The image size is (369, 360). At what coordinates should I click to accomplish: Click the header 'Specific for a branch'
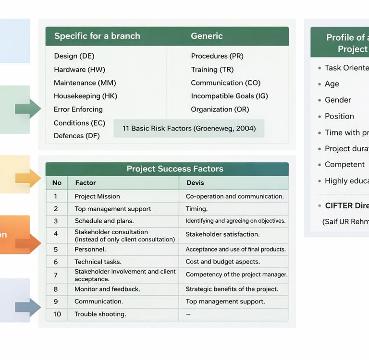pyautogui.click(x=97, y=36)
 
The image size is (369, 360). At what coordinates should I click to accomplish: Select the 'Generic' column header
pyautogui.click(x=207, y=36)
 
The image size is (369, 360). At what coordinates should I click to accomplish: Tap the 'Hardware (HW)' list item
pyautogui.click(x=79, y=70)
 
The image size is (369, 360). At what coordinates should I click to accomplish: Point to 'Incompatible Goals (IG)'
pyautogui.click(x=229, y=96)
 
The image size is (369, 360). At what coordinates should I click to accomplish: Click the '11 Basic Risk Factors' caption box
pyautogui.click(x=189, y=128)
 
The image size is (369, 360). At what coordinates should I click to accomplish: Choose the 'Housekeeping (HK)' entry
pyautogui.click(x=85, y=96)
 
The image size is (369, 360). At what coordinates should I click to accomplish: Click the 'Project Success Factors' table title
pyautogui.click(x=174, y=168)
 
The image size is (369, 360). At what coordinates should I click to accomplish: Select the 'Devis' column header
pyautogui.click(x=195, y=182)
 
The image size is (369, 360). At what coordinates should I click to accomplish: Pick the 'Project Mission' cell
pyautogui.click(x=97, y=196)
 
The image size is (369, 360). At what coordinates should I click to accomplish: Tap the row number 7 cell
pyautogui.click(x=56, y=275)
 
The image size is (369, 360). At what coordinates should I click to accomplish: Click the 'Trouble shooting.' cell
pyautogui.click(x=100, y=314)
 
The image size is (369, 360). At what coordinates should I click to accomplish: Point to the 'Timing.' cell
pyautogui.click(x=197, y=209)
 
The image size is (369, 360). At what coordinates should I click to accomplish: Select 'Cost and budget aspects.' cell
pyautogui.click(x=222, y=262)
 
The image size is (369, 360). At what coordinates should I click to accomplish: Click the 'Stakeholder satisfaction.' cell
pyautogui.click(x=222, y=234)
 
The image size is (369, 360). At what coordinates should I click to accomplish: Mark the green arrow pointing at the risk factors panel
pyautogui.click(x=28, y=108)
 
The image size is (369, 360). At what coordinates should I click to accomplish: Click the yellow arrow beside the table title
pyautogui.click(x=29, y=178)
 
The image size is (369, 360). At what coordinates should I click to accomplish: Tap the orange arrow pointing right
pyautogui.click(x=29, y=243)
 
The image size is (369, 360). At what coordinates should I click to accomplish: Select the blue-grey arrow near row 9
pyautogui.click(x=29, y=307)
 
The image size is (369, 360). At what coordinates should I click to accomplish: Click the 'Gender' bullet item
pyautogui.click(x=338, y=100)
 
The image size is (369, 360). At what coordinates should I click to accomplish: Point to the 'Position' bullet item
pyautogui.click(x=339, y=116)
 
